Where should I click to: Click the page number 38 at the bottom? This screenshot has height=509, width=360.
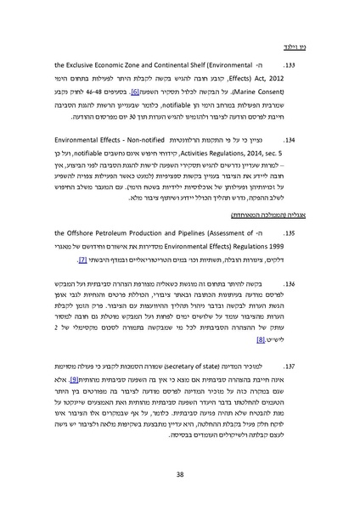(x=180, y=474)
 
